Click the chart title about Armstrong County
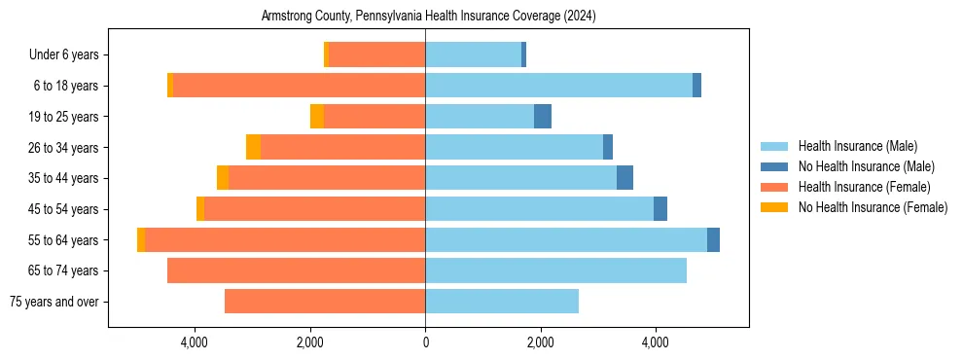point(428,17)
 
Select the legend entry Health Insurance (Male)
point(857,146)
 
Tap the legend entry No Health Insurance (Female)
point(873,207)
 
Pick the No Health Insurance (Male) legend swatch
point(775,166)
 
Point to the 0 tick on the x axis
point(425,342)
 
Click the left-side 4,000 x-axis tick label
point(195,342)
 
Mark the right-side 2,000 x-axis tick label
point(540,342)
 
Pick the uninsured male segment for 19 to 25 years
point(543,117)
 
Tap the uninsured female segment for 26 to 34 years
point(253,147)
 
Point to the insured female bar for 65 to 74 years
point(296,270)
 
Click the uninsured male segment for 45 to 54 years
point(660,209)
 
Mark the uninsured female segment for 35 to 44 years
point(223,178)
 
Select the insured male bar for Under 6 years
point(473,55)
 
